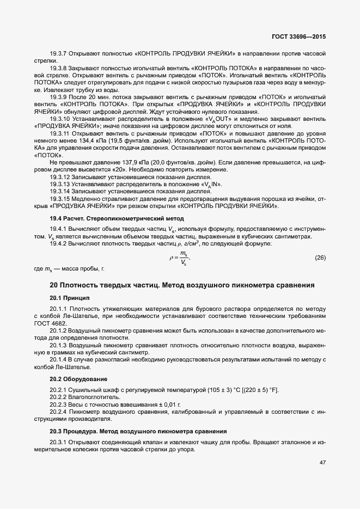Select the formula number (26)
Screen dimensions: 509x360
(x=320, y=256)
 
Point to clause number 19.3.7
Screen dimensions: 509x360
(x=58, y=54)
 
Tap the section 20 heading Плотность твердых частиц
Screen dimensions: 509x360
(x=182, y=285)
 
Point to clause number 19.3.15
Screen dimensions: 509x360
(x=60, y=199)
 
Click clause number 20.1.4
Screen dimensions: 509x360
(x=58, y=359)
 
